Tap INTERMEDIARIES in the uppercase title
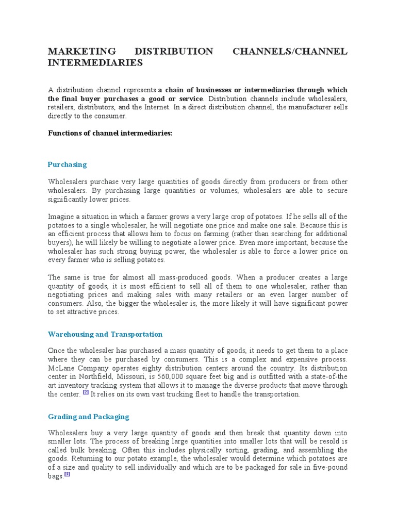[95, 63]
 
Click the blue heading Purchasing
[67, 164]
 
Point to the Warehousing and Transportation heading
[105, 334]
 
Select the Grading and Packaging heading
[88, 417]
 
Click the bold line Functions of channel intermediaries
[110, 133]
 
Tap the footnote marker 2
[86, 392]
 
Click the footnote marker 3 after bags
[67, 475]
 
